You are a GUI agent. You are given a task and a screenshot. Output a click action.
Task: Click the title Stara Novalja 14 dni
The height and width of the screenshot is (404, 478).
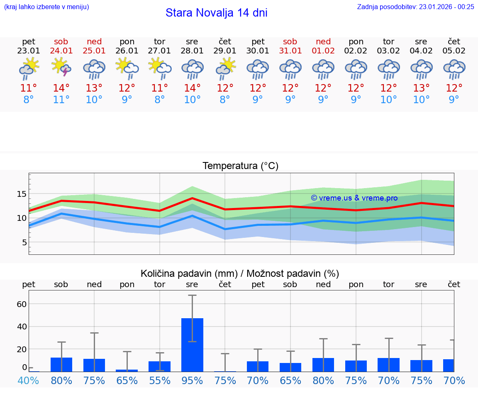click(x=216, y=13)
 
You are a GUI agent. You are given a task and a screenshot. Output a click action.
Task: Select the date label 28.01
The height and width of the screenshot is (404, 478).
click(x=192, y=51)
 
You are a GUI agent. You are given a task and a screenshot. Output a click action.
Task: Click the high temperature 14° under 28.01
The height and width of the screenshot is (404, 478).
click(x=192, y=88)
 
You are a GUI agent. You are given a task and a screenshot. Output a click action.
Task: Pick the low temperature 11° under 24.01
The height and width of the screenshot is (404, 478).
click(x=61, y=100)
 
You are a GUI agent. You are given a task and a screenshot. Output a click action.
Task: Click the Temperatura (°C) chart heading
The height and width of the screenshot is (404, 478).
click(x=240, y=166)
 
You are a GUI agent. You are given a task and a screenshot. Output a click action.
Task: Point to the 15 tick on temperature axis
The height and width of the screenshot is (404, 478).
click(x=22, y=194)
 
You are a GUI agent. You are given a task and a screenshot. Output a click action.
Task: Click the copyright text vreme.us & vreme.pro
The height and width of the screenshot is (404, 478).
click(x=354, y=198)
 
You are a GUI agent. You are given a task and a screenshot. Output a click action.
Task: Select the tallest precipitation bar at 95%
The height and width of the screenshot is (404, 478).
click(x=192, y=345)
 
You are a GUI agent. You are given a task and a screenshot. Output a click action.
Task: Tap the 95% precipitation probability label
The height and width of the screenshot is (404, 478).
click(x=192, y=380)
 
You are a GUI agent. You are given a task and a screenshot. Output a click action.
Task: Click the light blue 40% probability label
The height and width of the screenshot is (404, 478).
click(x=28, y=380)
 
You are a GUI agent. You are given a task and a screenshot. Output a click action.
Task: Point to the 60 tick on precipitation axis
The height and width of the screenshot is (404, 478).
click(x=22, y=304)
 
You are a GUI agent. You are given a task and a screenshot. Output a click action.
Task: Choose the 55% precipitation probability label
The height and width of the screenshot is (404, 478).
click(x=159, y=380)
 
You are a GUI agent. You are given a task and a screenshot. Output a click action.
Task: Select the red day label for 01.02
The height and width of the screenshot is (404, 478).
click(x=323, y=42)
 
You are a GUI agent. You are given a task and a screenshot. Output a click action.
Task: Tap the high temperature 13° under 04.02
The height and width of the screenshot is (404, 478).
click(x=421, y=88)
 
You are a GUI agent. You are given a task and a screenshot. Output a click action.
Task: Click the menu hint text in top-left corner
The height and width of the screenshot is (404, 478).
click(x=46, y=7)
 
